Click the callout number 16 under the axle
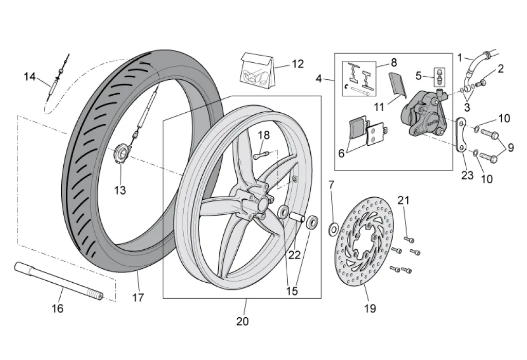tap(58, 308)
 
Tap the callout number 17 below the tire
tap(138, 298)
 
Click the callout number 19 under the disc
tap(370, 308)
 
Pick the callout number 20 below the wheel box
tap(242, 321)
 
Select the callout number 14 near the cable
tap(30, 77)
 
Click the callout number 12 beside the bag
tap(298, 64)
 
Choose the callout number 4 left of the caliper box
tap(319, 79)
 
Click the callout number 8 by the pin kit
tap(394, 62)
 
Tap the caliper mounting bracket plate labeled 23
tap(461, 135)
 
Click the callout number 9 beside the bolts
tap(510, 147)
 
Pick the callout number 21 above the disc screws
tap(403, 200)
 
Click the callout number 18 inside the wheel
tap(263, 135)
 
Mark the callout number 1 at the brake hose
tap(460, 58)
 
